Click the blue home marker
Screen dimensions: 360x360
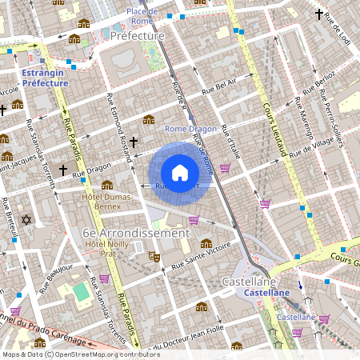pyautogui.click(x=180, y=173)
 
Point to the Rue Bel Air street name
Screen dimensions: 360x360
pyautogui.click(x=220, y=87)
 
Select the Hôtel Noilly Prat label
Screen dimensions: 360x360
pyautogui.click(x=106, y=248)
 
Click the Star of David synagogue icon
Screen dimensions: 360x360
pyautogui.click(x=26, y=219)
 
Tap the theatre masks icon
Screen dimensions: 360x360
pyautogui.click(x=154, y=256)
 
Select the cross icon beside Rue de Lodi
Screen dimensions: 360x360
pyautogui.click(x=319, y=14)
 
